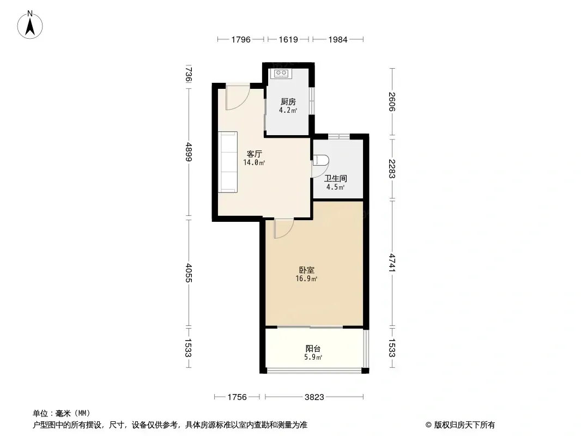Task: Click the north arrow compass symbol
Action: coord(30,25)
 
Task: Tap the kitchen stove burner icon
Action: coord(281,74)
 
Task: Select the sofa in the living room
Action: coord(227,162)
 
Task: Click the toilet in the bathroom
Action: coord(321,160)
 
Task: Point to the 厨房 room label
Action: coord(288,101)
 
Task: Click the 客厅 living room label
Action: coord(255,154)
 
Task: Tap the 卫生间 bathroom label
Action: coord(336,178)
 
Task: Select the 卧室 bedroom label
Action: coord(307,270)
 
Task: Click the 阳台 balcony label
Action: coord(313,349)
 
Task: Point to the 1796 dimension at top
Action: coord(241,39)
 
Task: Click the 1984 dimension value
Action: coord(338,39)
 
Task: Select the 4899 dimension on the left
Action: coord(189,152)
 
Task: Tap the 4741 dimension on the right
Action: coord(392,263)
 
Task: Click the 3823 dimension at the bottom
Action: coord(314,397)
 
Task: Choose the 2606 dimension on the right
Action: coord(392,101)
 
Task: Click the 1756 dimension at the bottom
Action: coord(237,397)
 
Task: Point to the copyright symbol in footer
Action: coord(428,425)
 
